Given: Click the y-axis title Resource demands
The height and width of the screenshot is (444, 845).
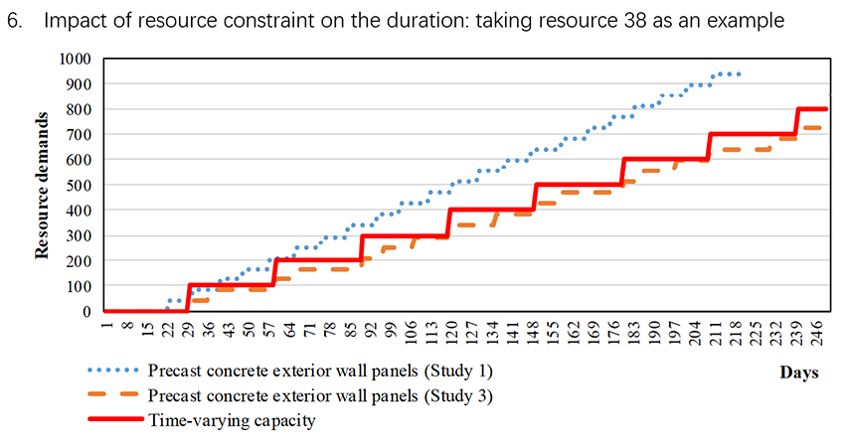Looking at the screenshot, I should point(44,186).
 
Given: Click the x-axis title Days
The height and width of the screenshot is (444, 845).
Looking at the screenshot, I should point(799,372).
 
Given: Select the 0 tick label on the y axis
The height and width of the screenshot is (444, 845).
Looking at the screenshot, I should point(89,312).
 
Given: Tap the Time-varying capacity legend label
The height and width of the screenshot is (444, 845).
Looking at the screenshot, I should point(232,421).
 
